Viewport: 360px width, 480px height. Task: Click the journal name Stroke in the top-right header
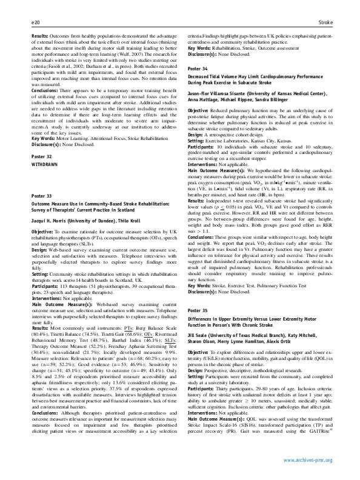click(325, 22)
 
